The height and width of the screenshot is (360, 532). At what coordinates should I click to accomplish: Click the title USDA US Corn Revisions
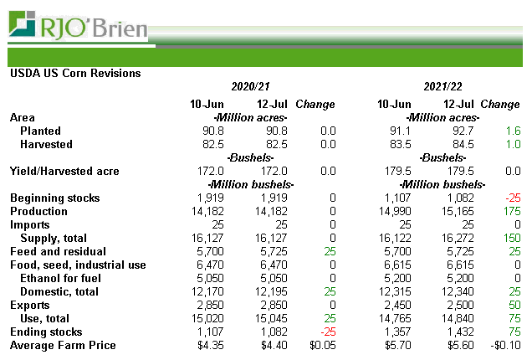tap(75, 73)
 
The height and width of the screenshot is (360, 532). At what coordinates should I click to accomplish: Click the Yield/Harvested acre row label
tap(64, 172)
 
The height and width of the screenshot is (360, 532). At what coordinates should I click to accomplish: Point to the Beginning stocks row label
tap(54, 198)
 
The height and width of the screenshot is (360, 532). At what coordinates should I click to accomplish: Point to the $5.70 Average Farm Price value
tap(396, 346)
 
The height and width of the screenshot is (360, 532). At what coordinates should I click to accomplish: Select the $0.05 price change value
tap(321, 346)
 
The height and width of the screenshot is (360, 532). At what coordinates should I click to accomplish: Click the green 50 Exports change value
tap(513, 306)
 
